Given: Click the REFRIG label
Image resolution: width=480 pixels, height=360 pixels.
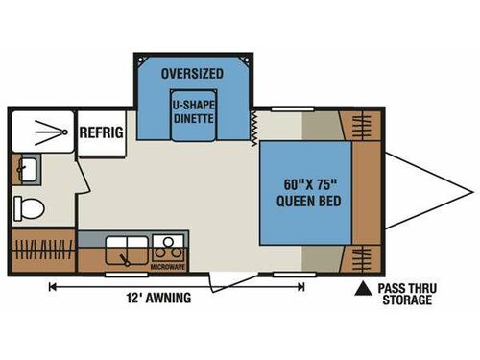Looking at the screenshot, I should [101, 132].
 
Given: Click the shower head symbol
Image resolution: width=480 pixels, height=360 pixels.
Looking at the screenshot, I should [42, 130].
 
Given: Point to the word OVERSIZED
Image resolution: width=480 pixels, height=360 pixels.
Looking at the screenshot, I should [192, 74].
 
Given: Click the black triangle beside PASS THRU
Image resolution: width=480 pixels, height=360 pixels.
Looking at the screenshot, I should [364, 287].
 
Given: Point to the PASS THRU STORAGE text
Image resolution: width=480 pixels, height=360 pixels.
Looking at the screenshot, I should [404, 293].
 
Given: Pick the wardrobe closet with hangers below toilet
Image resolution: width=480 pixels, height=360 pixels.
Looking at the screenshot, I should [43, 249].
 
